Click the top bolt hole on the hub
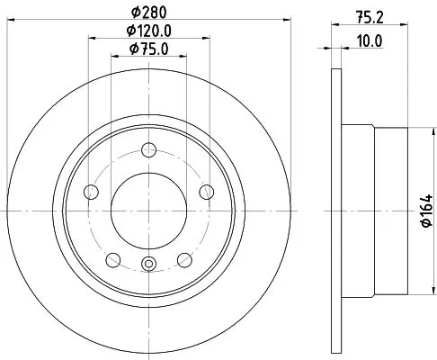149,150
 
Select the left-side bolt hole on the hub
90,192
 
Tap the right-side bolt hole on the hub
208,191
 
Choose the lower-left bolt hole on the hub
112,260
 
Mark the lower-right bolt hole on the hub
185,260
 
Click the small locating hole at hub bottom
149,264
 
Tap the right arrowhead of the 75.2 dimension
406,28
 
